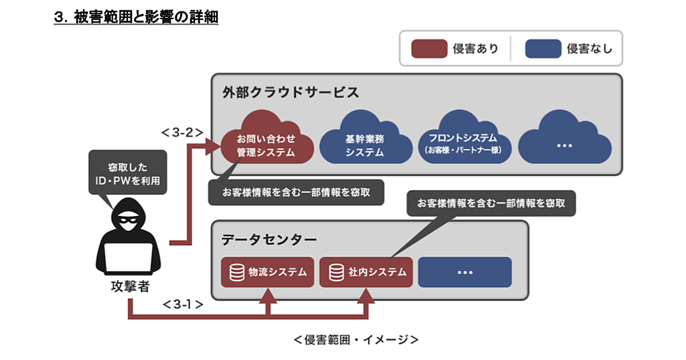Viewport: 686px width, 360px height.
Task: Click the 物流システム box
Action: [268, 272]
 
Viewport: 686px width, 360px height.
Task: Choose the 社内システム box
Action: [366, 272]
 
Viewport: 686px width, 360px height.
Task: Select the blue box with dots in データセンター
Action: [465, 272]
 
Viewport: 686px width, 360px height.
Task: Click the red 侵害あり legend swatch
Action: [429, 49]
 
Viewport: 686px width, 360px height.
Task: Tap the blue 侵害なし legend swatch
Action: [543, 49]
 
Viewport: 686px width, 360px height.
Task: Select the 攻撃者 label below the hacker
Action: [130, 286]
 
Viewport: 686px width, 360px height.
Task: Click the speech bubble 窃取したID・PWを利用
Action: [127, 174]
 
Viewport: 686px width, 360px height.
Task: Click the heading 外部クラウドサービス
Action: [290, 91]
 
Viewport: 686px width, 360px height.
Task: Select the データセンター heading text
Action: [269, 239]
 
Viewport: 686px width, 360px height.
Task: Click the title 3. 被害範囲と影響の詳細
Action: [136, 17]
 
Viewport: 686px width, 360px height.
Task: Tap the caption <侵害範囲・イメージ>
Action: [356, 339]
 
